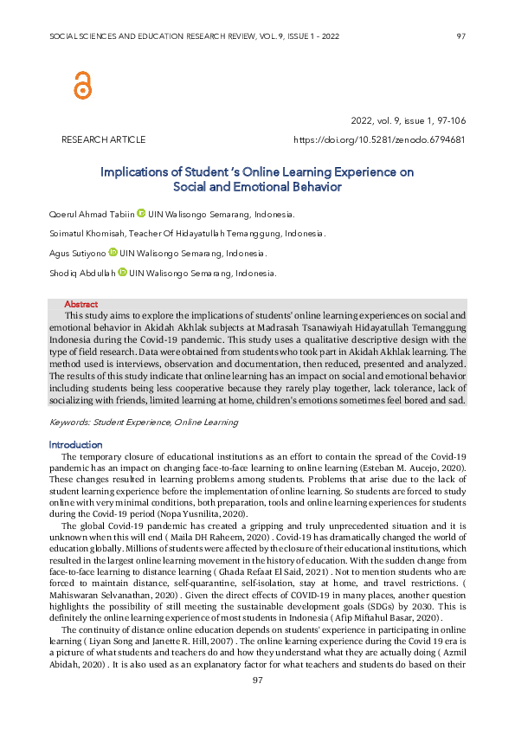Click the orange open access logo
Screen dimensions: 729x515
tap(82, 84)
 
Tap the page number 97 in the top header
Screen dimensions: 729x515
tap(461, 36)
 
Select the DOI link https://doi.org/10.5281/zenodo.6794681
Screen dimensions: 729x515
tap(380, 139)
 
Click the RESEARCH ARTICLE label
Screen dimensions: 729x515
tap(103, 139)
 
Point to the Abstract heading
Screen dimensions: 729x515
tap(81, 304)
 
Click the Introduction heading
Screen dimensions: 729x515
tap(76, 444)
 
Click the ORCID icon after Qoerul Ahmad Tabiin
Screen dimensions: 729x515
tap(141, 213)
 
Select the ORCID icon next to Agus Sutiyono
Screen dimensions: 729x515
tap(113, 253)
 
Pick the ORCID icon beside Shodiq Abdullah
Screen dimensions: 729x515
tap(122, 273)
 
